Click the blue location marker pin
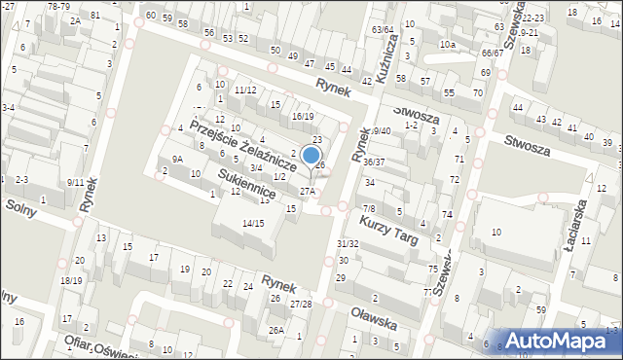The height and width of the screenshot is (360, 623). [x=311, y=155]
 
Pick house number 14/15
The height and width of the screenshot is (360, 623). [x=253, y=224]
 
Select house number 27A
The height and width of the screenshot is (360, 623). [x=307, y=192]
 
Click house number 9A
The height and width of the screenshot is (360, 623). [x=177, y=159]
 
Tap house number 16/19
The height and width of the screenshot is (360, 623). [x=302, y=117]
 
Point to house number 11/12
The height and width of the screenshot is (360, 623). [x=244, y=90]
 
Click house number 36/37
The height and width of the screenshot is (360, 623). [x=374, y=162]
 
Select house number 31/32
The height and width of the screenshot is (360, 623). [x=347, y=243]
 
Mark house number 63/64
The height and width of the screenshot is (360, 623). [x=383, y=30]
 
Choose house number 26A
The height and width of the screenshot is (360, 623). [x=276, y=330]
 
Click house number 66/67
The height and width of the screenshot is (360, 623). [x=492, y=53]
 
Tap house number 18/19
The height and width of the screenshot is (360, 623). [x=71, y=281]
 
